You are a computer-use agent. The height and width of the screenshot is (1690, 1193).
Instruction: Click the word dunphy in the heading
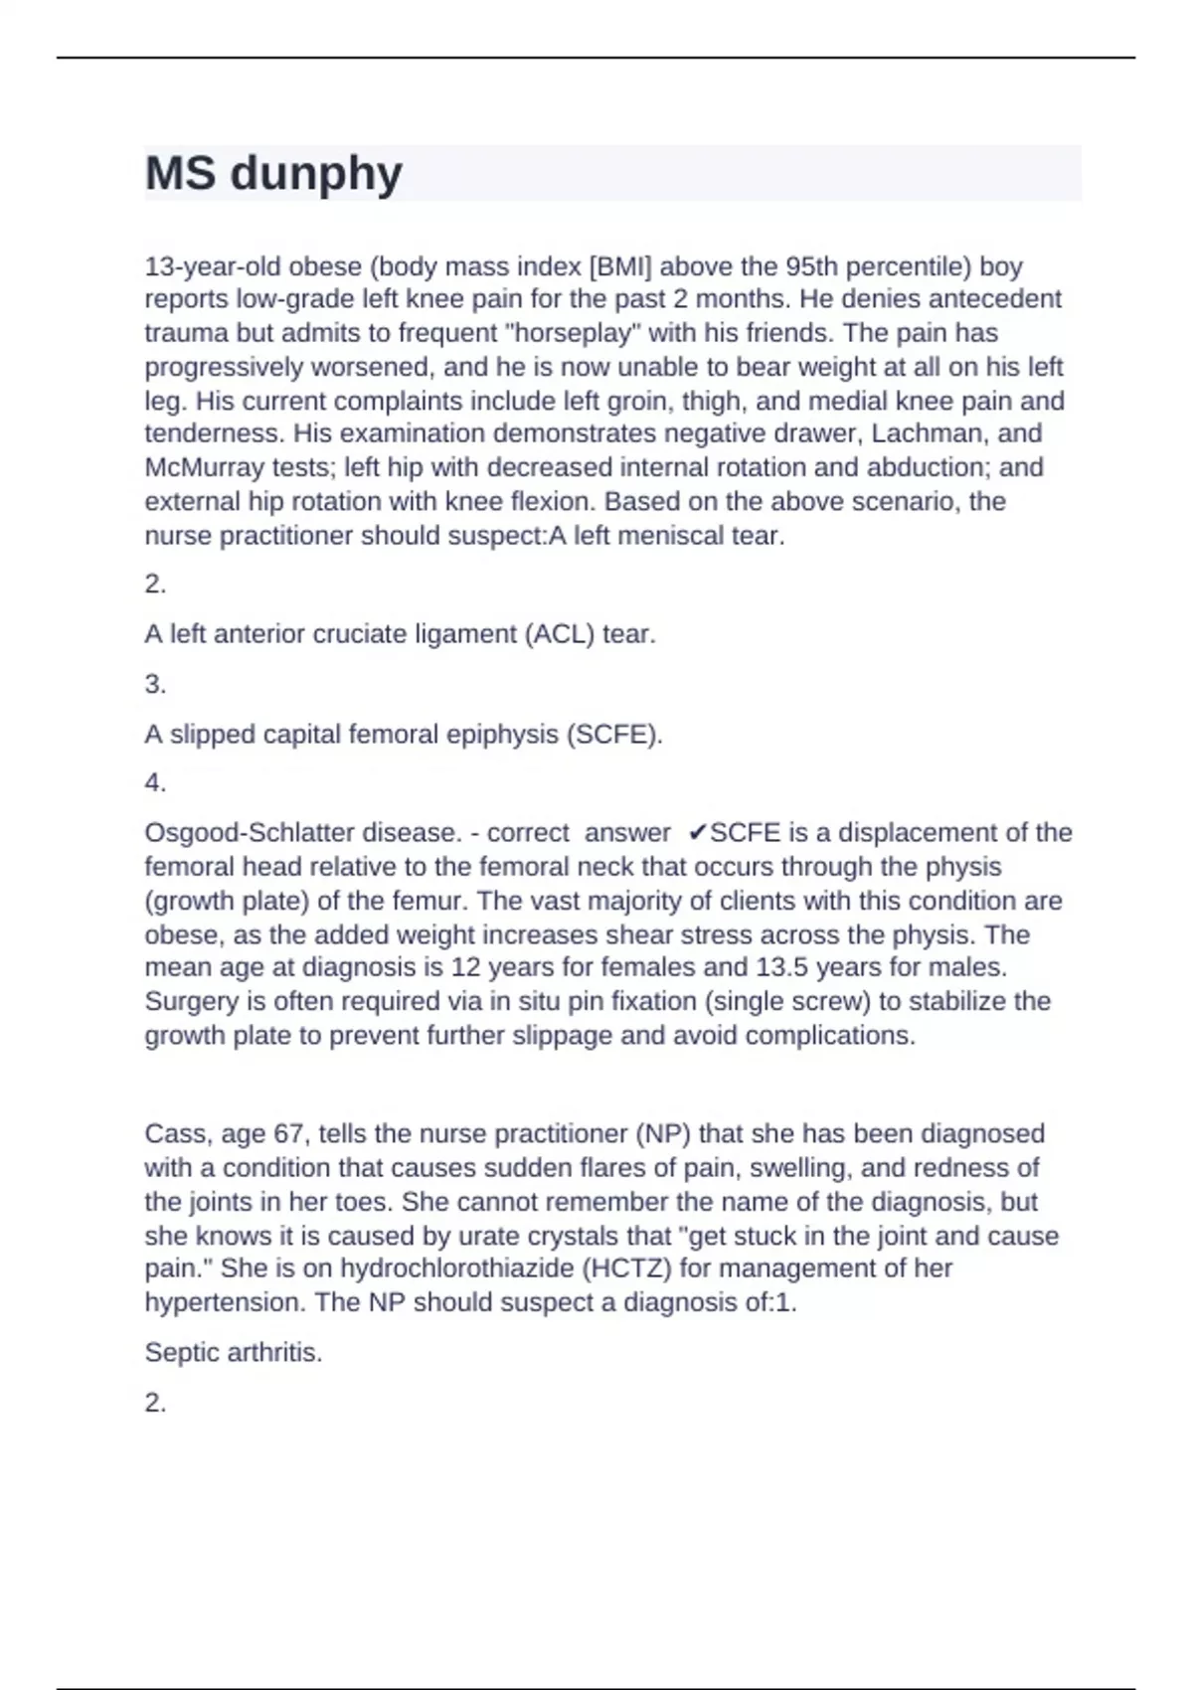316,175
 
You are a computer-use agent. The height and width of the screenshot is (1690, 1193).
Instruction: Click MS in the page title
180,173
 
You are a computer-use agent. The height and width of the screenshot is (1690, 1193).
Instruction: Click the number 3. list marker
155,684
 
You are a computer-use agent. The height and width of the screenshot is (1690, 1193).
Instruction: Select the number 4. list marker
155,783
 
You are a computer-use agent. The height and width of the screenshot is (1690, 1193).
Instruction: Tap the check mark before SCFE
698,833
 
